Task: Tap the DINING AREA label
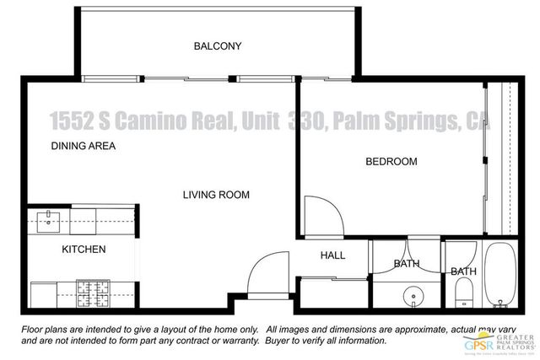[84, 146]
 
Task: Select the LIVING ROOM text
[216, 195]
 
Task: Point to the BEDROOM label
[391, 161]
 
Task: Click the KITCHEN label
[84, 250]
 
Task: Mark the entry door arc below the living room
[268, 271]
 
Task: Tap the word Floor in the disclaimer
[35, 329]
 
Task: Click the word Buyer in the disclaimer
[279, 341]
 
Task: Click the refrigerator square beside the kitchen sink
[84, 222]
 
